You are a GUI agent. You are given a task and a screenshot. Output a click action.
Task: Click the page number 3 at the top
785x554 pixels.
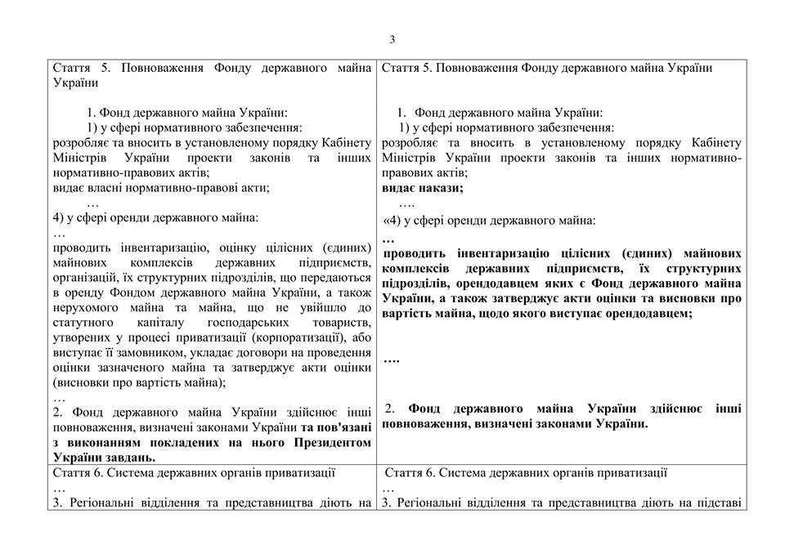click(392, 39)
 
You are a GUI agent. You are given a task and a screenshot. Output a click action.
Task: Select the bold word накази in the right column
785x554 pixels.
click(440, 188)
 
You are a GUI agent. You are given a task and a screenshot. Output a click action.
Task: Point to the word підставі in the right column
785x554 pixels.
click(717, 503)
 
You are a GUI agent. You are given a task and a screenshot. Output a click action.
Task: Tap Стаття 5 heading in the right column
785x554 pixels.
click(406, 68)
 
